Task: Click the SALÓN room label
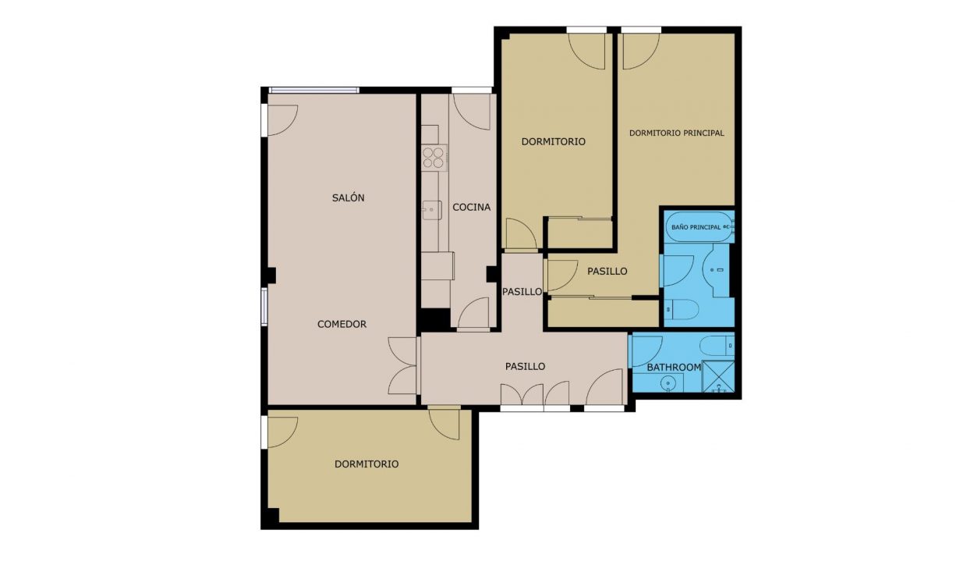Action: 348,197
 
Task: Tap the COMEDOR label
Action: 342,324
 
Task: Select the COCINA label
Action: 471,208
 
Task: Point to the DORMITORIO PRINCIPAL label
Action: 676,133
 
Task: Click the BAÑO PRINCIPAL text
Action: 696,227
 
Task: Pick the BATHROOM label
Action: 674,367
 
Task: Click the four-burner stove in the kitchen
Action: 434,158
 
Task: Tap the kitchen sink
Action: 431,210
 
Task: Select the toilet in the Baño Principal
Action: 682,310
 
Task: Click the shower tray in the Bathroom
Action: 718,376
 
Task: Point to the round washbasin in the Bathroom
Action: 668,382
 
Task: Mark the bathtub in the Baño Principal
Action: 700,227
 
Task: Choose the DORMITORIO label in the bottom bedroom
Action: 367,464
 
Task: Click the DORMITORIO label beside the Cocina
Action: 554,142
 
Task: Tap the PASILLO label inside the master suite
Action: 607,272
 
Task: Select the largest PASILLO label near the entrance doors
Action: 525,366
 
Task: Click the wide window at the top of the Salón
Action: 313,91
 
